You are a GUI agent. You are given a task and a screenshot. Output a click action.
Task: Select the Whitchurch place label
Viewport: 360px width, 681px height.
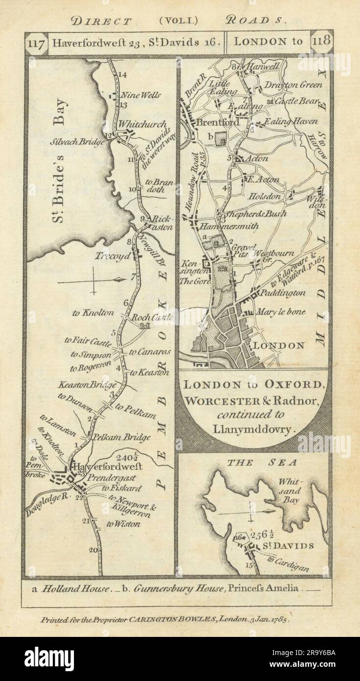[x=138, y=125]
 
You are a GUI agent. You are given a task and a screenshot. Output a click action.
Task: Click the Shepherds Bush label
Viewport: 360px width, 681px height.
[x=253, y=214]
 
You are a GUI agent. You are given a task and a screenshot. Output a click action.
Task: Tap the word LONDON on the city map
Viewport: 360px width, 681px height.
[x=278, y=345]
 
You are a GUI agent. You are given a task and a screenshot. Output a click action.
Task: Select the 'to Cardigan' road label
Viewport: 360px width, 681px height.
[x=289, y=564]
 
